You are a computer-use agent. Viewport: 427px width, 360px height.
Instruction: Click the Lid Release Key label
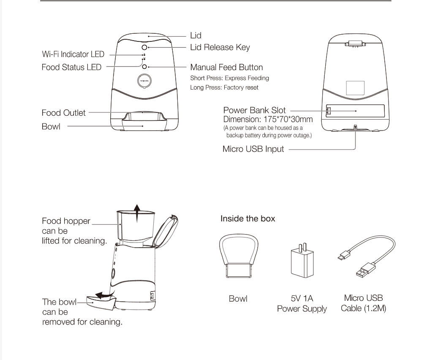(220, 47)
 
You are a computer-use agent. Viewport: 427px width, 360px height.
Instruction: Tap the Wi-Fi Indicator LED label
(73, 55)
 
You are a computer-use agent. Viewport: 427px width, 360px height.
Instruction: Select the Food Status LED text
(71, 67)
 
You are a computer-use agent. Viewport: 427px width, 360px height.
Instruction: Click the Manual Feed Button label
(226, 67)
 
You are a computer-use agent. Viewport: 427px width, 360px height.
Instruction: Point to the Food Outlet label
(63, 113)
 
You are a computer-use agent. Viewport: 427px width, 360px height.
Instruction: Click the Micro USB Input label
(253, 149)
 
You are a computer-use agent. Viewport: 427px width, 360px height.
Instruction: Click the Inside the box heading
(247, 219)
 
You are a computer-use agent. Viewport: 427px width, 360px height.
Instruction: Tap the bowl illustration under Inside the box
(239, 257)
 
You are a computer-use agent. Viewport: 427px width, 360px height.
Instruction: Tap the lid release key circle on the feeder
(144, 47)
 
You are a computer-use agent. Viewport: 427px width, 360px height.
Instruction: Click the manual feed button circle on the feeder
(144, 67)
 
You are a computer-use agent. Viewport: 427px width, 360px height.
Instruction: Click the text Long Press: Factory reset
(224, 87)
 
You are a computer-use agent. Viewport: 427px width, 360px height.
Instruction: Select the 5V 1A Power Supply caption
(302, 304)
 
